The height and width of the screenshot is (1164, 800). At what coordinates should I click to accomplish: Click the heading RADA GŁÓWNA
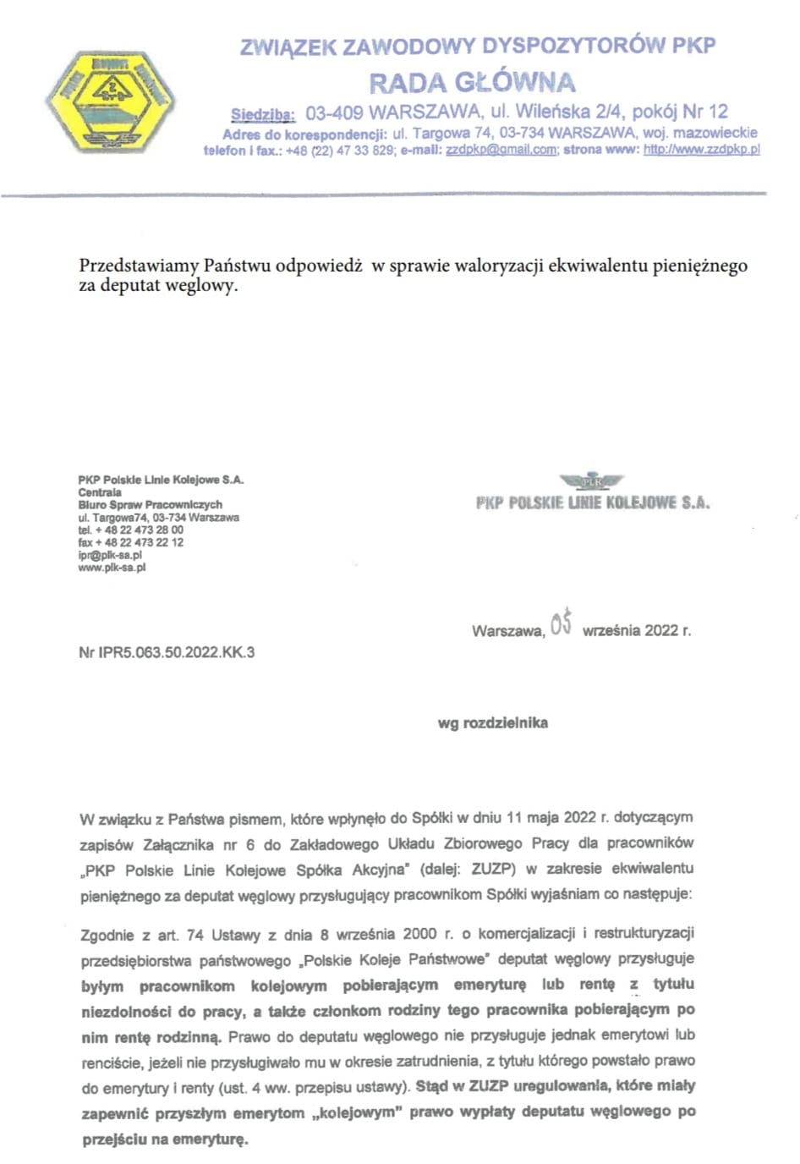(472, 83)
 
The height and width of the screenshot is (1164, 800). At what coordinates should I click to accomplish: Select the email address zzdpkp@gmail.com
(501, 150)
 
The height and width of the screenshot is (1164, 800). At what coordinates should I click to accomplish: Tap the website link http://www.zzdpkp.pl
(701, 150)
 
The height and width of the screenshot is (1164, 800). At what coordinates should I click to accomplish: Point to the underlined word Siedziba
(262, 114)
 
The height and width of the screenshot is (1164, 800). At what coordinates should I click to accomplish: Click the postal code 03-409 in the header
(335, 112)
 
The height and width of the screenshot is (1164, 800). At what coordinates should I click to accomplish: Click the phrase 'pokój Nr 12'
(680, 112)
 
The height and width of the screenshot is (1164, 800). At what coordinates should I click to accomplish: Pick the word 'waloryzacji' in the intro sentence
(502, 266)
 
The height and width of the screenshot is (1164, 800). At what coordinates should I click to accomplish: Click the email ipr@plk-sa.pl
(110, 555)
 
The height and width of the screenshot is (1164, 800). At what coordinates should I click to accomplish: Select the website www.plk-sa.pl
(112, 568)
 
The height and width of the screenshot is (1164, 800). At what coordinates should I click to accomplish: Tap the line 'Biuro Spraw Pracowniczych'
(151, 504)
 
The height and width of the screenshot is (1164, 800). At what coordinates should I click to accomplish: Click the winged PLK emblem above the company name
(591, 481)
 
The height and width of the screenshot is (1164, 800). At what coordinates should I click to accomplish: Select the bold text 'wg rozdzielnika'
(492, 723)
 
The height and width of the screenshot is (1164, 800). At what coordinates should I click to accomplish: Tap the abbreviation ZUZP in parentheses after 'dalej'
(495, 868)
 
